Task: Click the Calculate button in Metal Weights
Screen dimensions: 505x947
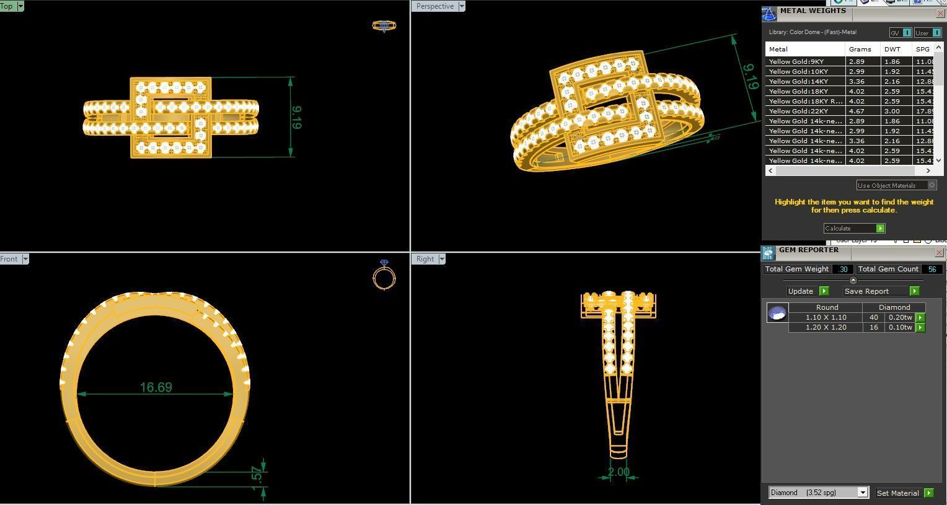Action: coord(853,228)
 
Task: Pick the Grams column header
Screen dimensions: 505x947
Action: coord(860,49)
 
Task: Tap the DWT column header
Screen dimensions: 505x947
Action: coord(892,49)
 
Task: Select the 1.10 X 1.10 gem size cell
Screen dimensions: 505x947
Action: coord(826,317)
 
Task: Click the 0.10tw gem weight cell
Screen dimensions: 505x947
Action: coord(900,327)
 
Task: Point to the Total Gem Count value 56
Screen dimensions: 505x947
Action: coord(932,269)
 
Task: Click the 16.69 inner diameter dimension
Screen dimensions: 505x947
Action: coord(156,387)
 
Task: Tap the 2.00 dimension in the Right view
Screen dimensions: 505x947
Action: coord(618,472)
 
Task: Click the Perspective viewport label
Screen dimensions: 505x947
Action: coord(435,6)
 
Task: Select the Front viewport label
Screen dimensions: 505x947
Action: coord(9,259)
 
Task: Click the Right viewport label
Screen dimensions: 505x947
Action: coord(425,259)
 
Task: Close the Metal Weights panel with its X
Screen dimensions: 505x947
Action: coord(940,13)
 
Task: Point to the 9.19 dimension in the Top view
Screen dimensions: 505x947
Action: coord(296,117)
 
